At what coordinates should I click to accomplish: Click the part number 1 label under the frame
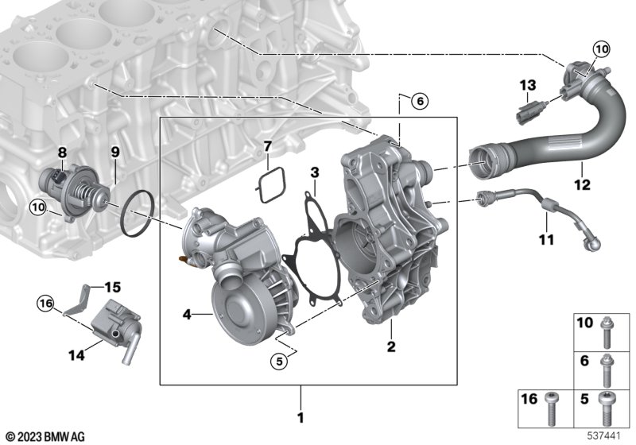tap(301, 417)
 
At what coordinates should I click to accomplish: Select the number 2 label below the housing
tap(391, 346)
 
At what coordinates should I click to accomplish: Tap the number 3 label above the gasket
tap(315, 172)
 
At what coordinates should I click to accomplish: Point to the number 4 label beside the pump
tap(187, 314)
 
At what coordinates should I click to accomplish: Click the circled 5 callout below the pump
tap(279, 361)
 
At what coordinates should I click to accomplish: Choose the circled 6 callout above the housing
tap(420, 100)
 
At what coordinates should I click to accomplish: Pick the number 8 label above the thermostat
tap(62, 153)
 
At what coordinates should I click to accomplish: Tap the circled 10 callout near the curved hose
tap(601, 49)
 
